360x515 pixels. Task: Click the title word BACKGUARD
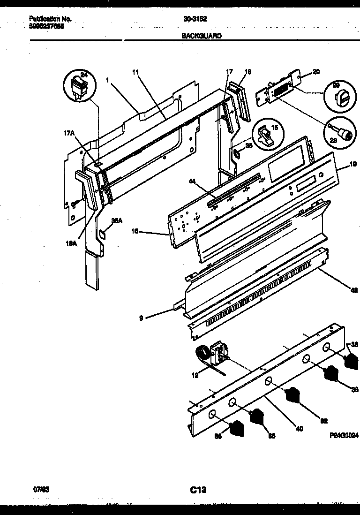(x=201, y=35)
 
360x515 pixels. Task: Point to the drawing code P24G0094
(x=344, y=435)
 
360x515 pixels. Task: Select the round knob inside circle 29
(x=339, y=99)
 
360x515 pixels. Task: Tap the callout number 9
(x=141, y=318)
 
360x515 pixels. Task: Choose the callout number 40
(x=299, y=427)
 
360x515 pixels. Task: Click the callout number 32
(x=323, y=421)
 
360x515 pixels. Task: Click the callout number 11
(x=135, y=73)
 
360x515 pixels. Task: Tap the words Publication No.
(x=50, y=19)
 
